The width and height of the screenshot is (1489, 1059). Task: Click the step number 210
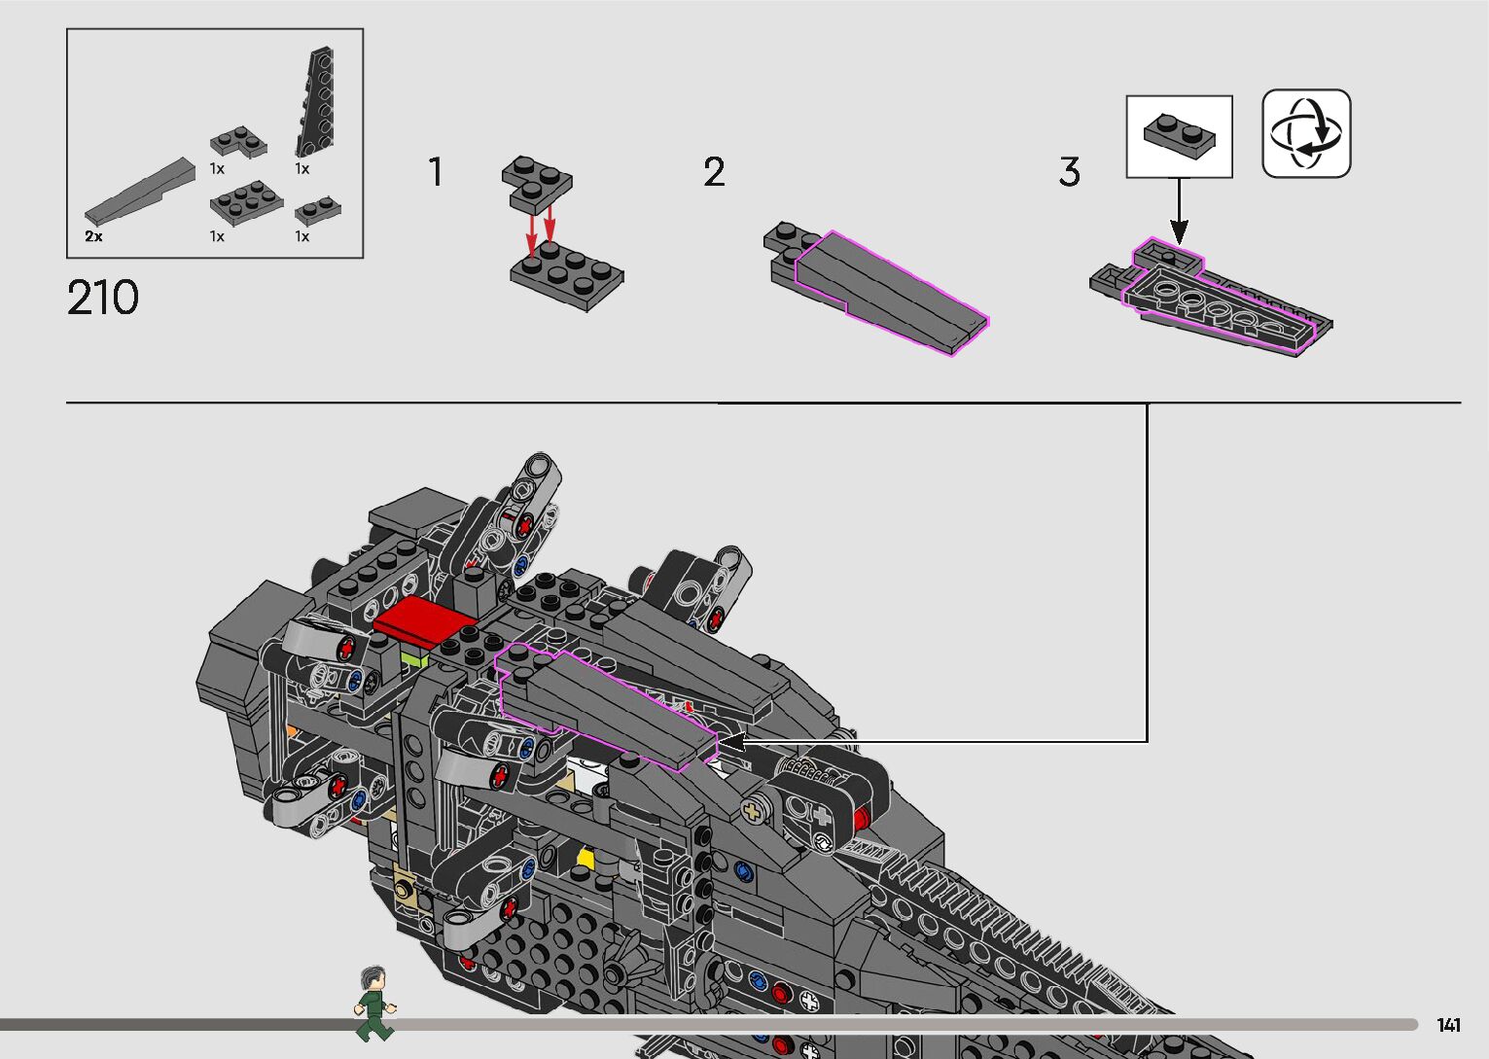coord(103,299)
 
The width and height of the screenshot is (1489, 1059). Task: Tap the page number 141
coord(1448,1025)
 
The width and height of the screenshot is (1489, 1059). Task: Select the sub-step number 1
coord(436,172)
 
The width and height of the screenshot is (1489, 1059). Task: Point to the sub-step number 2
coord(714,172)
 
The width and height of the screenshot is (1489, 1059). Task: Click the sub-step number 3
coord(1069,172)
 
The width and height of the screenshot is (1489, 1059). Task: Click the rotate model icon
coord(1306,133)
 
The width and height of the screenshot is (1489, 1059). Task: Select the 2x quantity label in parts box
coord(93,236)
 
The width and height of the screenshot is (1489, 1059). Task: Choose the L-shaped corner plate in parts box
coord(238,142)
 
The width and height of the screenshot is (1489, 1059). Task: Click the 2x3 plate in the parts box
coord(246,201)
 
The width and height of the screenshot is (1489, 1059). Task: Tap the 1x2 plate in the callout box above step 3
coord(1180,133)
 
